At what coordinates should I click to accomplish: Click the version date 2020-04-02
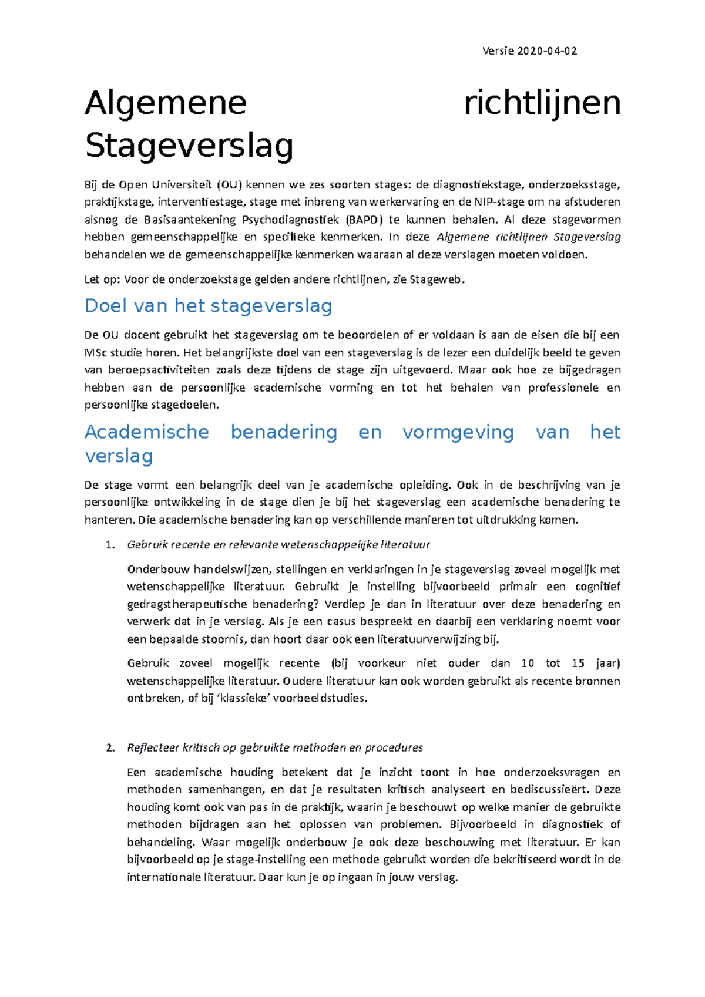point(546,51)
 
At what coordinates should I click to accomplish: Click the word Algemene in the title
point(166,104)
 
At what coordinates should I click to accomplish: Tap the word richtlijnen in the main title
point(542,104)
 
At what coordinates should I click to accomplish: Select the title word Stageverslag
point(189,146)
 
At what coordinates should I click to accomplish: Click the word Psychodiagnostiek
point(290,220)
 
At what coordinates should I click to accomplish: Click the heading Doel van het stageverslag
point(209,306)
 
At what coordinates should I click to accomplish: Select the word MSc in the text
point(96,353)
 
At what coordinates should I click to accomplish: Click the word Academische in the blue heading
point(147,432)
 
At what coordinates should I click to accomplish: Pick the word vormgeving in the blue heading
point(458,432)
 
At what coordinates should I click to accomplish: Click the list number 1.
point(109,545)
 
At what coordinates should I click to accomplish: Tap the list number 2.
point(109,748)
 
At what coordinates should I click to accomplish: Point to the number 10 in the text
point(528,663)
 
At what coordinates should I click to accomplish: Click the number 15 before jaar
point(578,663)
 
